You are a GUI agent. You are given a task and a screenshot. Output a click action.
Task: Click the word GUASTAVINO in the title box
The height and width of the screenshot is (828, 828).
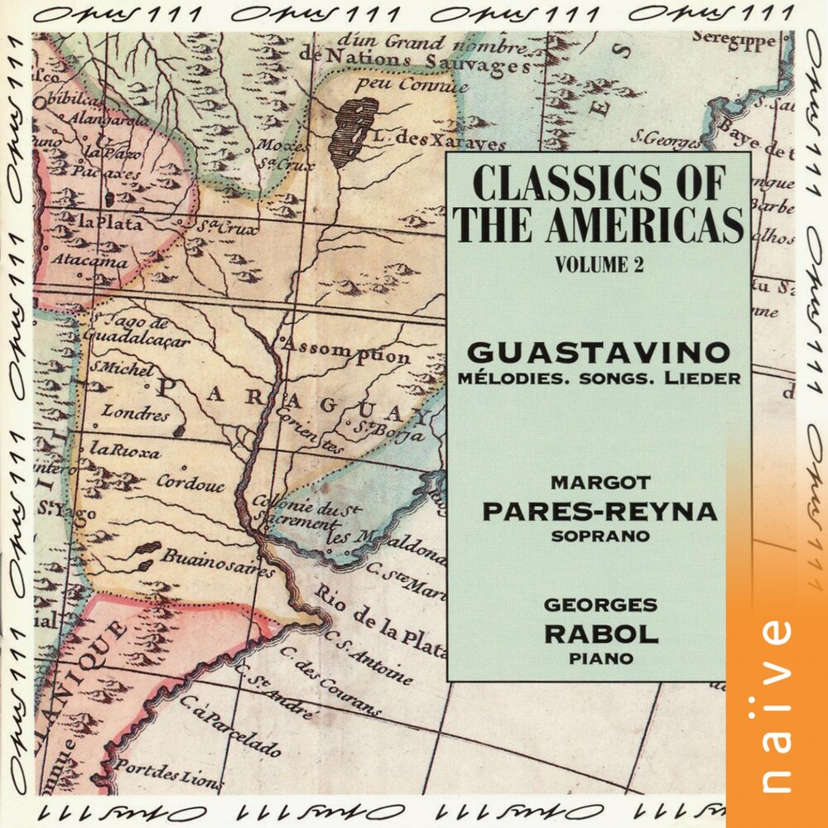[599, 353]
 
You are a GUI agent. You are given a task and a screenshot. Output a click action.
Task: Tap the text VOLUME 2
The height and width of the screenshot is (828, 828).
[599, 265]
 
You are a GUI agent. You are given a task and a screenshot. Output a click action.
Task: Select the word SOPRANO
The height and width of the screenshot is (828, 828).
[599, 536]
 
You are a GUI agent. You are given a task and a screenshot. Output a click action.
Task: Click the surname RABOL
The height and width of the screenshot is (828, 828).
[600, 634]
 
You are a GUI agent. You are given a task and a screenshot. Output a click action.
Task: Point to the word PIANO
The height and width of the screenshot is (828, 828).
[600, 659]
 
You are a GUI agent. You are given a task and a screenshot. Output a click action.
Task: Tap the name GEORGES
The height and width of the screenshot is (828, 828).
[600, 605]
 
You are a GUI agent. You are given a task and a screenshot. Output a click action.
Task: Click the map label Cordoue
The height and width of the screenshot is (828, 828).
[190, 483]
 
